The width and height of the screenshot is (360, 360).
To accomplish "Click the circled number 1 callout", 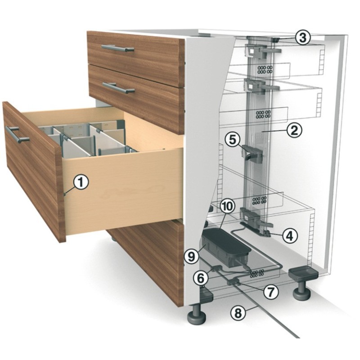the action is (81, 182).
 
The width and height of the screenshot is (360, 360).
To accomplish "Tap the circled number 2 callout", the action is (294, 130).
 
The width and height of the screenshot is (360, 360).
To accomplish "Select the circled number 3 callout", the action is (302, 38).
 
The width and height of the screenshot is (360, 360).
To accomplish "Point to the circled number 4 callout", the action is (290, 235).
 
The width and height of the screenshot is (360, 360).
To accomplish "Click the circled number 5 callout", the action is (233, 140).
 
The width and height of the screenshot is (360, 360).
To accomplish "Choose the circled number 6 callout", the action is (201, 278).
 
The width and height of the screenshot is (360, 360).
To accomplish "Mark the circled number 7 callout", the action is (271, 292).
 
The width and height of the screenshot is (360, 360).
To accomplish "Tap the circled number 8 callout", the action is (238, 313).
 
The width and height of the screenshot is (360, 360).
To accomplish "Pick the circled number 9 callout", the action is (192, 256).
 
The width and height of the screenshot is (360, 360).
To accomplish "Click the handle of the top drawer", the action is (118, 48).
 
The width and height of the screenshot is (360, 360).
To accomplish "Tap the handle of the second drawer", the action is (118, 88).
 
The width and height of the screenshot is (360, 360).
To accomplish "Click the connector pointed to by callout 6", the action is (217, 268).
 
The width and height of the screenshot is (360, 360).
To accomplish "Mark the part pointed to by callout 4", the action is (266, 233).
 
